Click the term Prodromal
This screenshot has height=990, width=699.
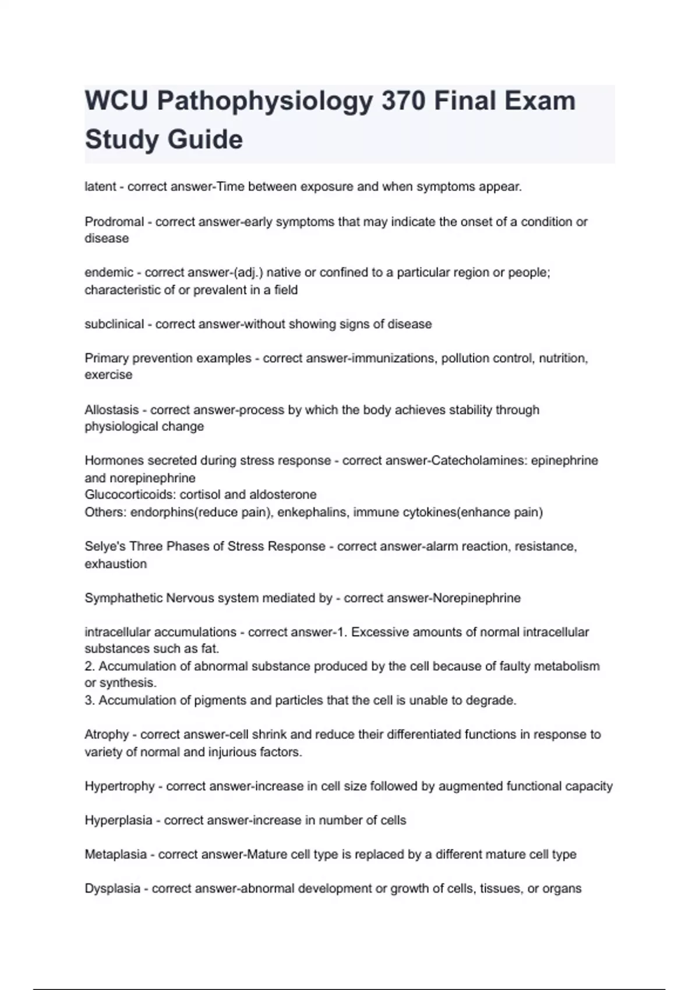tap(114, 221)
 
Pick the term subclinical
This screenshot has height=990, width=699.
tap(114, 324)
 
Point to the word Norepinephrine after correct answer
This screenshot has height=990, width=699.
tap(476, 597)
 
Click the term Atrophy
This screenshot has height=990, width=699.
tap(107, 734)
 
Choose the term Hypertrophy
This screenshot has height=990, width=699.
tap(119, 786)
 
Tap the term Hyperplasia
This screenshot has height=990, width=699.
tap(118, 820)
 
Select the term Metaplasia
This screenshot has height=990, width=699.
tap(115, 854)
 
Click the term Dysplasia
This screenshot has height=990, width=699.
tap(112, 889)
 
